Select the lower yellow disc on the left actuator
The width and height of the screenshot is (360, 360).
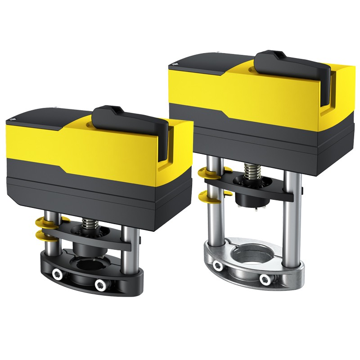click(39, 234)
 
